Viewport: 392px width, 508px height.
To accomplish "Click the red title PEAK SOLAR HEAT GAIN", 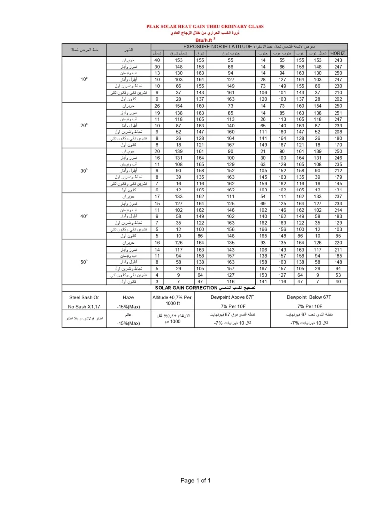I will [x=205, y=26].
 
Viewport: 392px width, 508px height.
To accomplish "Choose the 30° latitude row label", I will [x=85, y=170].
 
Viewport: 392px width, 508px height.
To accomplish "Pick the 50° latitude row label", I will [x=85, y=261].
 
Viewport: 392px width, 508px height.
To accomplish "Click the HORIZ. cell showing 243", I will [x=338, y=60].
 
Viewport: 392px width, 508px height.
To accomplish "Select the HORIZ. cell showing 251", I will [x=338, y=113].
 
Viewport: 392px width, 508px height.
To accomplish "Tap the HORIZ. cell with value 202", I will [x=338, y=99].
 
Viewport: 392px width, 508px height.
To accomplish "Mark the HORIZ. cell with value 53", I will [x=338, y=274].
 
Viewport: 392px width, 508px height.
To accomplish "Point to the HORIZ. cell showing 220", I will [x=338, y=242].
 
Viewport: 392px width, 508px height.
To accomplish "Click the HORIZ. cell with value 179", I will [x=338, y=177].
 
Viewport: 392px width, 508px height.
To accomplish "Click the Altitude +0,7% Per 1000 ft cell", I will [x=172, y=300].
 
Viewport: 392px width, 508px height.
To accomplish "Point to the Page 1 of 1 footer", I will [x=196, y=480].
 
